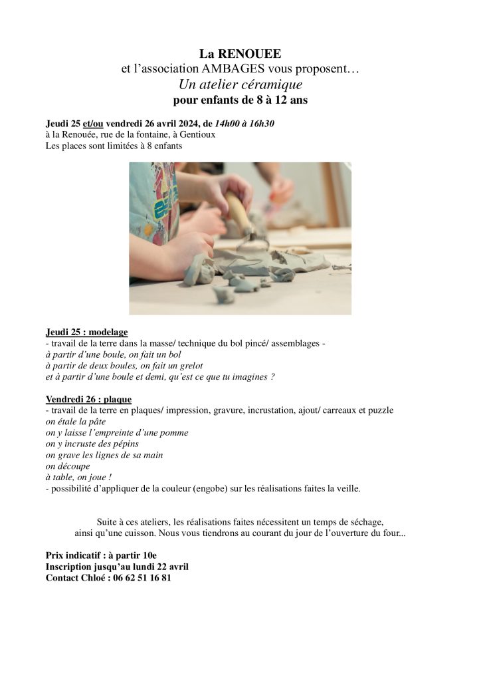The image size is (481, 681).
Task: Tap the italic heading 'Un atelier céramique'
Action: [241, 85]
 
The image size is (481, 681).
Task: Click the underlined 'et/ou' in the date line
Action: [93, 124]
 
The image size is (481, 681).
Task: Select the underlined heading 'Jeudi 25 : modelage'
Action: [87, 332]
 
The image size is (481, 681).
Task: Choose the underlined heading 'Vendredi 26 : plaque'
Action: [88, 399]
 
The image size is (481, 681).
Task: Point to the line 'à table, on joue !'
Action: [78, 477]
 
